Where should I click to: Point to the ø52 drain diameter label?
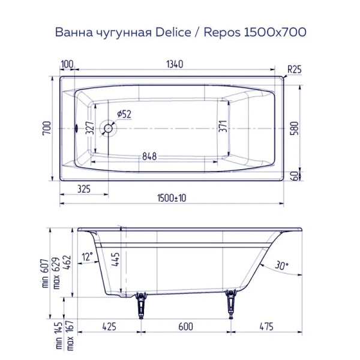pos(124,114)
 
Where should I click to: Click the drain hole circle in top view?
pos(109,128)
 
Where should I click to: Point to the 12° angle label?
pos(88,256)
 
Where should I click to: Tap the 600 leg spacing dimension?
pos(185,327)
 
